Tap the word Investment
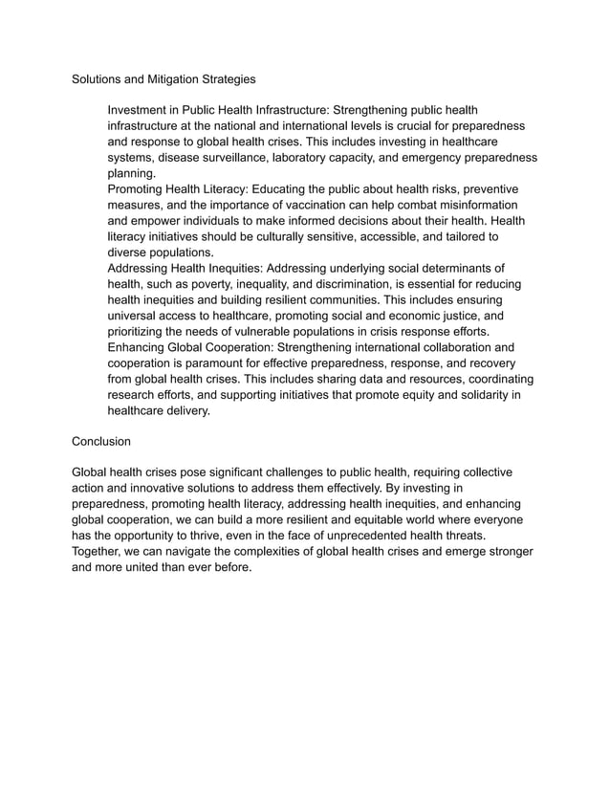(x=141, y=111)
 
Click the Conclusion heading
(x=102, y=442)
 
